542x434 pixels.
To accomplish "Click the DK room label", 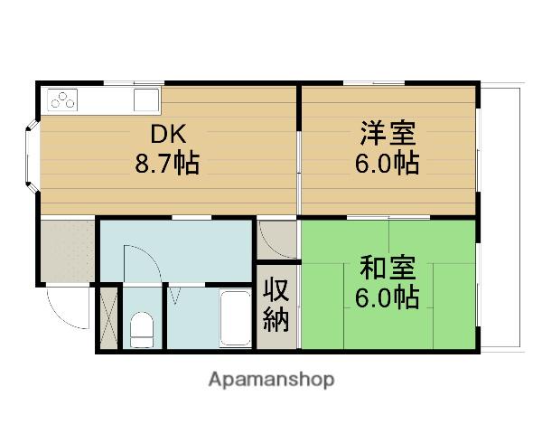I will [167, 136].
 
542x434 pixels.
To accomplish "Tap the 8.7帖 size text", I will [167, 165].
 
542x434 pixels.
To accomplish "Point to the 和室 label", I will [388, 268].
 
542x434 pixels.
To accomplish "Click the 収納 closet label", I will [276, 305].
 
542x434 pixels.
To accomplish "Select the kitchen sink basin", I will [146, 99].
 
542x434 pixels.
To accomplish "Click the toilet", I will [143, 328].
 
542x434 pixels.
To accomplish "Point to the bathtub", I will [235, 319].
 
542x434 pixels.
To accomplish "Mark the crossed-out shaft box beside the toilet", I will [108, 317].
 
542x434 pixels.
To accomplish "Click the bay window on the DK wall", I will [33, 156].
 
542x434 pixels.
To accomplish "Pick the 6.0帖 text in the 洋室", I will [388, 165].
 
